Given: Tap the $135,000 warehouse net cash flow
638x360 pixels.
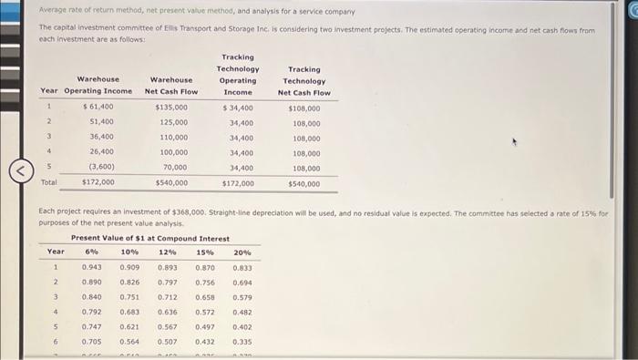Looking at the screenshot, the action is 172,107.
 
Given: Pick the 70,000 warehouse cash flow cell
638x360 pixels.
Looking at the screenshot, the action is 174,168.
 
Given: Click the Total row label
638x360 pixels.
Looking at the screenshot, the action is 48,182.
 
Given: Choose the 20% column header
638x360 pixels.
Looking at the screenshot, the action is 242,252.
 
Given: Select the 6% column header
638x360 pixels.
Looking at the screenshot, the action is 91,252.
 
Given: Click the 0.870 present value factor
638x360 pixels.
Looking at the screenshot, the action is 205,267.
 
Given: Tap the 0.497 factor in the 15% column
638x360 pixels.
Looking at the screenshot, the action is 205,326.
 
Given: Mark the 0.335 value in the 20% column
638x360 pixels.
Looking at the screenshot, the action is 242,341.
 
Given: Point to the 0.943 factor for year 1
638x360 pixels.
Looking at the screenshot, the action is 91,267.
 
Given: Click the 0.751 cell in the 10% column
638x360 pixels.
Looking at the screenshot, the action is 129,296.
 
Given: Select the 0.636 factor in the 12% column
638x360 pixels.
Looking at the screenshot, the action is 168,312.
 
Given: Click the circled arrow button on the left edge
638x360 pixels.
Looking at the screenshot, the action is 15,168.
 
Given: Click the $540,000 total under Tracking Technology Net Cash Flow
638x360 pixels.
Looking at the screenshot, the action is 304,183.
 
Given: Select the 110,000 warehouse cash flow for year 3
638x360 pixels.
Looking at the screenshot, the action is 174,137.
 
